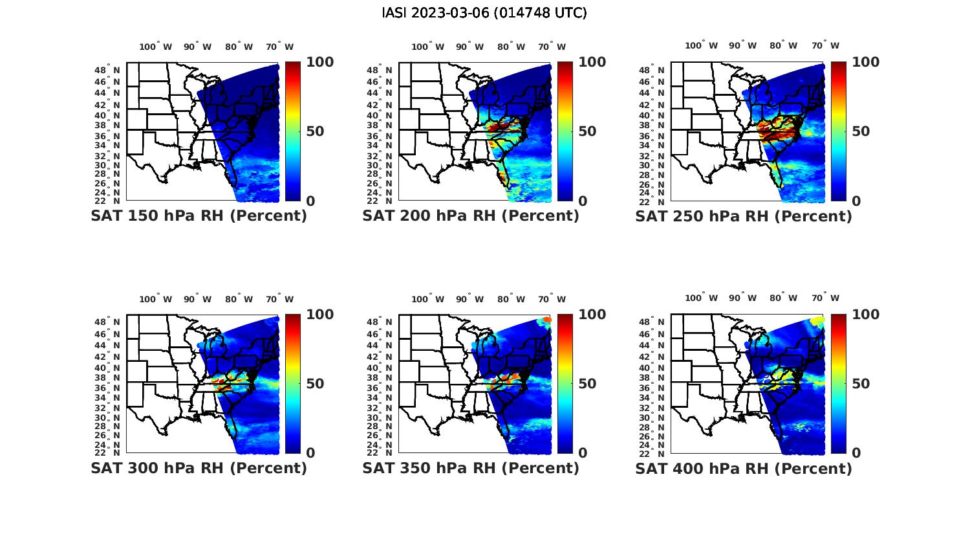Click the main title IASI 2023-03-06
(484, 13)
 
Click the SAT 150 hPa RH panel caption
(199, 216)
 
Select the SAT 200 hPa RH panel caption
(471, 216)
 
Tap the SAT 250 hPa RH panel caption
(744, 216)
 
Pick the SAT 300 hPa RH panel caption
(199, 468)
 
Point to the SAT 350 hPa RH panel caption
(471, 468)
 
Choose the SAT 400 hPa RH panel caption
(744, 468)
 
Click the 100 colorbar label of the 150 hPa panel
(319, 62)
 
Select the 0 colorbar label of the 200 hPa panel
(582, 201)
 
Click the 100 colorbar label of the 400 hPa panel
(865, 315)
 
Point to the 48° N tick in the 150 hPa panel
(107, 70)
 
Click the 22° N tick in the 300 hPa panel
(107, 452)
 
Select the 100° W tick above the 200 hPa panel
(427, 47)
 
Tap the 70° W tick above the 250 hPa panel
(825, 45)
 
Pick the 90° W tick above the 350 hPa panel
(469, 299)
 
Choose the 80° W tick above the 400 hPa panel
(783, 298)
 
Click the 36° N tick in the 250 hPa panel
(652, 136)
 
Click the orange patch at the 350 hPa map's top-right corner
(546, 320)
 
